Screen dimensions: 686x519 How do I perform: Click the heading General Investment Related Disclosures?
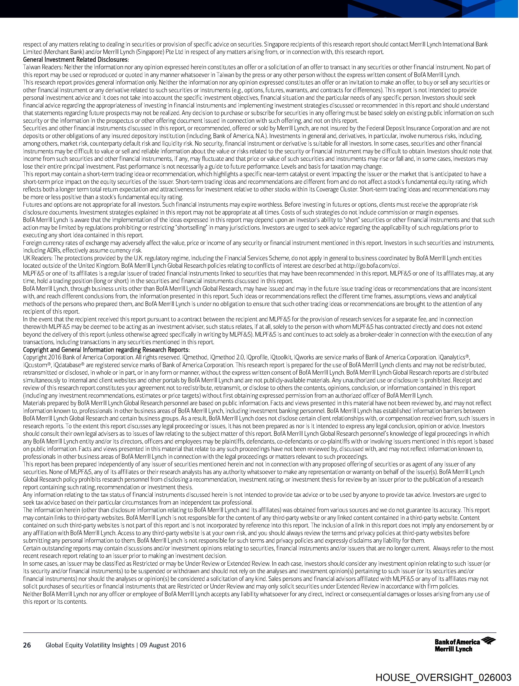point(76,59)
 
